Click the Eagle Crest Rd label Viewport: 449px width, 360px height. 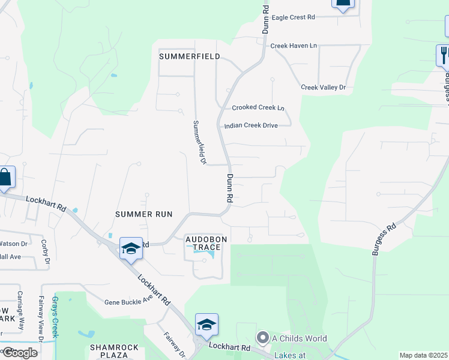[293, 17]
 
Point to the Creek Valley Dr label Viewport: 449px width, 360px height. [324, 88]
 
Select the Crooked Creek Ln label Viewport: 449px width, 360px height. [258, 108]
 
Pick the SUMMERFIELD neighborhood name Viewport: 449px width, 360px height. [189, 56]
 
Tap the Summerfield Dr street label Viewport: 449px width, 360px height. [199, 142]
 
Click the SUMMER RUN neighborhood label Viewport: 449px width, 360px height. [144, 214]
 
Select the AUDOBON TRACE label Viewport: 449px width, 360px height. [206, 243]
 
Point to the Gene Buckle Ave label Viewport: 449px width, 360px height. [128, 302]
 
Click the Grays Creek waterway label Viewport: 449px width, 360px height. [55, 317]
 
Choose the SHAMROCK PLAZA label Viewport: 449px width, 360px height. [115, 351]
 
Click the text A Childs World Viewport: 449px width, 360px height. [300, 338]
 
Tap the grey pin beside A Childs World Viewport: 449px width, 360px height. [262, 337]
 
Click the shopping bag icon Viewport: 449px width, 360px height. [5, 178]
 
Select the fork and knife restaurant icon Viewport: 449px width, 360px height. [444, 55]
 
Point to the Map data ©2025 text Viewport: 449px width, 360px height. [424, 355]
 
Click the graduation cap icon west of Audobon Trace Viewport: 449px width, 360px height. [131, 248]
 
